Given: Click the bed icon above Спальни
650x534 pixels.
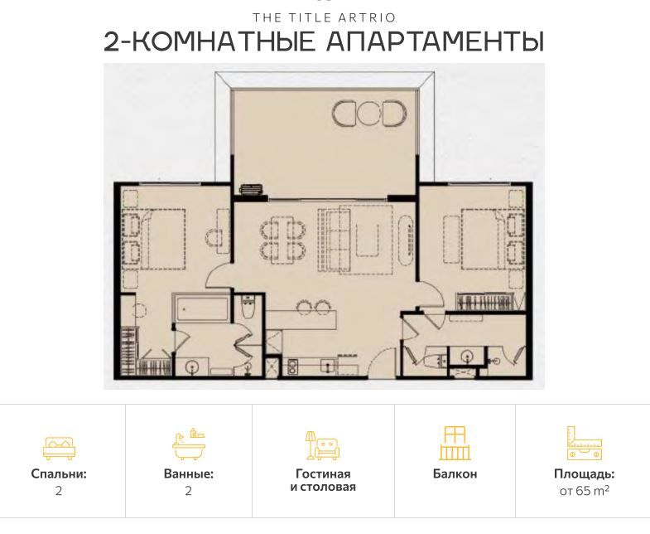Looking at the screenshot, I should (x=59, y=448).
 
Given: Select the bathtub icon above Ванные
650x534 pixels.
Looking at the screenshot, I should (x=189, y=444).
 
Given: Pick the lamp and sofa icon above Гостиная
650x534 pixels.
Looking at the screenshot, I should (x=323, y=445).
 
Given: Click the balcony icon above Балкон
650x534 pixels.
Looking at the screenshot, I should (x=455, y=444).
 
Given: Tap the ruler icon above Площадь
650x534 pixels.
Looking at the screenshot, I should (x=584, y=444).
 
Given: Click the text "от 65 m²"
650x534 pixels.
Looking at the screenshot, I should (x=584, y=491).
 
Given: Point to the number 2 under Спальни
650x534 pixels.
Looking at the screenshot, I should (x=59, y=491).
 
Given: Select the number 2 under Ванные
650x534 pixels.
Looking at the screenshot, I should (x=189, y=491).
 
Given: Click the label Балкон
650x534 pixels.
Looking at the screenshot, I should (x=455, y=474).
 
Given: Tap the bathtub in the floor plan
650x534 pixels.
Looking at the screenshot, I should (x=200, y=312).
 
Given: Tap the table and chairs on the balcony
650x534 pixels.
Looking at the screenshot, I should (x=369, y=113).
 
